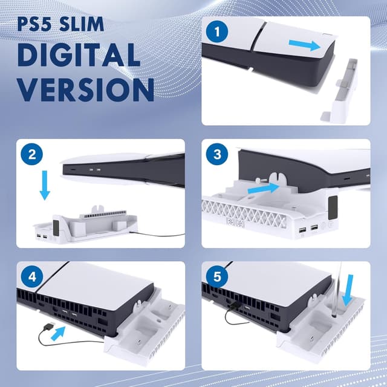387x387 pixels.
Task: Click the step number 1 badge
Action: (218, 31)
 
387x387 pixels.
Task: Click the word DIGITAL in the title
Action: (78, 56)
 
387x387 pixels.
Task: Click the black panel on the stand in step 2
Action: (54, 226)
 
